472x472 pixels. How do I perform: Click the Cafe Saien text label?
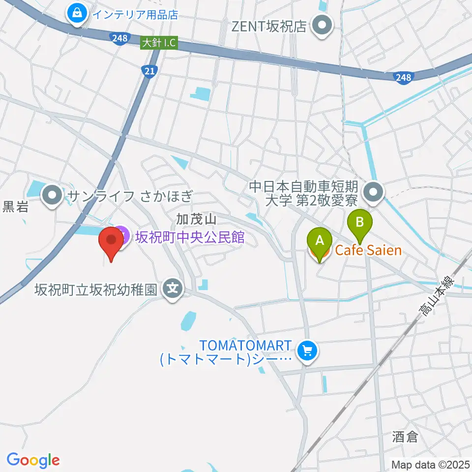[x=368, y=251]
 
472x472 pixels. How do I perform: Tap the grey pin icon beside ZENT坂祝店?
[x=323, y=25]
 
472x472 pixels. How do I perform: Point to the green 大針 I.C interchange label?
[x=158, y=44]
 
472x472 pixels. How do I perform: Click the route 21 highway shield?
[x=151, y=72]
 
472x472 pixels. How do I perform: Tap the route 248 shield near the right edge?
[x=404, y=77]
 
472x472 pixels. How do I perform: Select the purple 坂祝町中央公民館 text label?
[x=190, y=238]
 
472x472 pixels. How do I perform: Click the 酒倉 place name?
[x=405, y=437]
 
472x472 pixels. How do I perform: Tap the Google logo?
[x=33, y=460]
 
